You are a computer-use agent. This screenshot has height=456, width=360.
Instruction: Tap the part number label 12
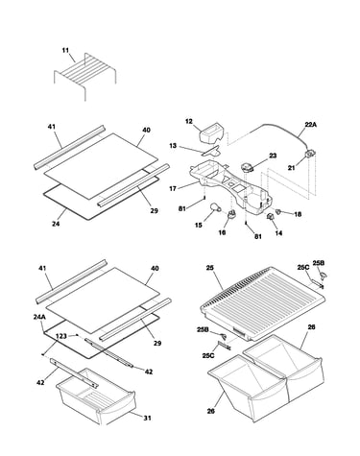[x=189, y=121]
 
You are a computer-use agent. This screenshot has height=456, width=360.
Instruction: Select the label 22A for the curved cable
[x=310, y=125]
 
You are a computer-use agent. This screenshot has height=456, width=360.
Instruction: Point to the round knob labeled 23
[x=248, y=168]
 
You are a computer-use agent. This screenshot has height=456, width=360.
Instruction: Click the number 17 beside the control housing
[x=173, y=189]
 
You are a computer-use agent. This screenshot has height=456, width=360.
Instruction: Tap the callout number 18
[x=298, y=214]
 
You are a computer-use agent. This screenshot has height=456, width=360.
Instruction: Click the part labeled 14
[x=271, y=217]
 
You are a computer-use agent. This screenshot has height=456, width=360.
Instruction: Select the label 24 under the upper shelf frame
[x=56, y=224]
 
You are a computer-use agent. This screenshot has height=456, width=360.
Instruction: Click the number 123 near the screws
[x=60, y=336]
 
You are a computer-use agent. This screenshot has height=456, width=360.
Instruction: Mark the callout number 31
[x=147, y=418]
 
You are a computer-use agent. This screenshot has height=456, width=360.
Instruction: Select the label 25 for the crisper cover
[x=210, y=268]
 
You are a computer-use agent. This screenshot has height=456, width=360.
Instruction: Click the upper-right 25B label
[x=319, y=263]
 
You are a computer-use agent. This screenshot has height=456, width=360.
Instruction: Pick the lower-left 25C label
[x=208, y=355]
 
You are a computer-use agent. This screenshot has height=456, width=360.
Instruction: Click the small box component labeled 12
[x=212, y=133]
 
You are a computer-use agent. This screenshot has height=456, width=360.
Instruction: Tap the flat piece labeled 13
[x=211, y=151]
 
